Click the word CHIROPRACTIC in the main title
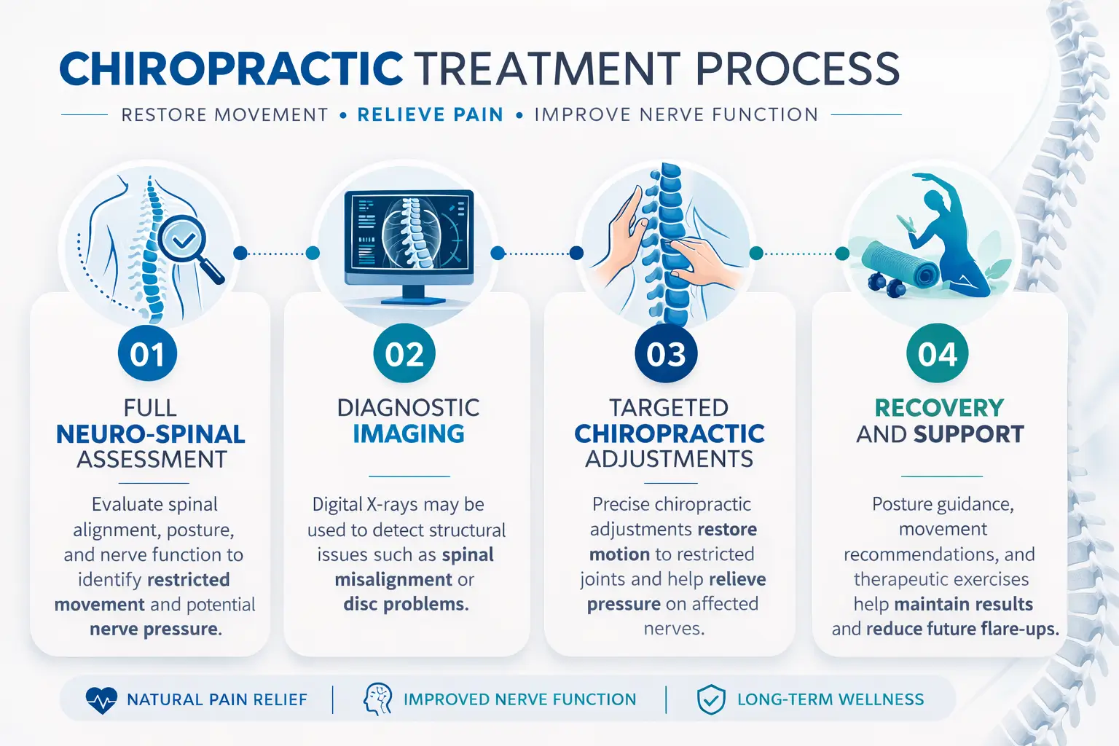click(231, 69)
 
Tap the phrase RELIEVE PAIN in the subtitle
click(430, 115)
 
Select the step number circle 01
click(148, 354)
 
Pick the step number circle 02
click(404, 354)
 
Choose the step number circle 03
click(666, 354)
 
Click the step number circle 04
click(937, 354)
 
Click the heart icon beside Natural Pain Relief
click(101, 700)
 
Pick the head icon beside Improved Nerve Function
click(377, 699)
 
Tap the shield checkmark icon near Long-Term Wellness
click(710, 700)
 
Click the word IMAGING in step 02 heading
click(409, 434)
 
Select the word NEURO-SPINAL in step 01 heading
click(151, 434)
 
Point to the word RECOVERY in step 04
click(939, 408)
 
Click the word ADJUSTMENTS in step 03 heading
click(670, 460)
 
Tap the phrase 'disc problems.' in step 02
click(406, 605)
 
